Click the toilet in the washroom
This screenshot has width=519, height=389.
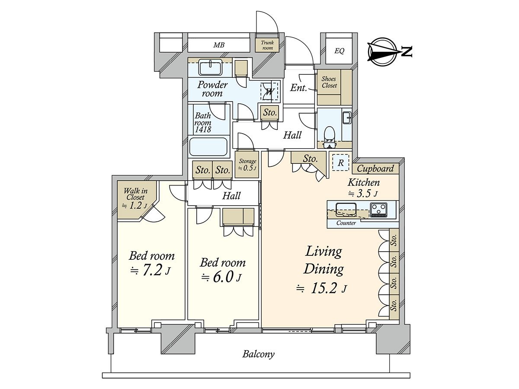tap(329, 137)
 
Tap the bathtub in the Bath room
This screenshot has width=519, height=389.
tap(208, 147)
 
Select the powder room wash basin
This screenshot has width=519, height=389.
tap(210, 67)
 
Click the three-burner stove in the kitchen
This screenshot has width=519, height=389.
tap(378, 209)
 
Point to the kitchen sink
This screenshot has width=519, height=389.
tap(346, 210)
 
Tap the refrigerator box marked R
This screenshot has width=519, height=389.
tap(340, 162)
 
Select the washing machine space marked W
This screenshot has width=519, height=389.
tap(269, 92)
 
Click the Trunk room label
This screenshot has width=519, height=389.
tap(267, 45)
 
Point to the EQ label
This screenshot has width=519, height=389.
tap(339, 51)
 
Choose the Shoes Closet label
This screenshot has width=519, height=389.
tap(329, 82)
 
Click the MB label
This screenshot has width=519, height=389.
tap(219, 45)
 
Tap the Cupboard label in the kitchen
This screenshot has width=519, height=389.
tap(375, 169)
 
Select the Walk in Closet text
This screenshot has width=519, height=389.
tap(135, 194)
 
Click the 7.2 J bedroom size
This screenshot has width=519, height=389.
tap(151, 271)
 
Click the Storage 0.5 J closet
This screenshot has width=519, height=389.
tap(247, 165)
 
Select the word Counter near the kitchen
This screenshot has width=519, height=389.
tap(346, 223)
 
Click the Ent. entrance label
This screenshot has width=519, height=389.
tap(298, 88)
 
